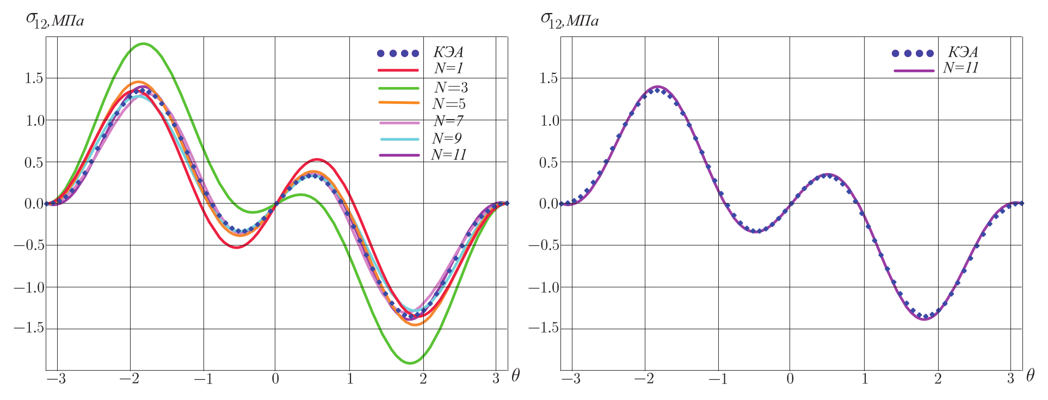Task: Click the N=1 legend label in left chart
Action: tap(448, 69)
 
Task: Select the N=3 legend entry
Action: tap(451, 88)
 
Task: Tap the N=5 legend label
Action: tap(449, 104)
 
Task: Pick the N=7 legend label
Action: tap(448, 121)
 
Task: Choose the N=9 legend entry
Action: tap(447, 138)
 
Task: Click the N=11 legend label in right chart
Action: tap(961, 68)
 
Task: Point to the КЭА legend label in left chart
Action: tap(448, 52)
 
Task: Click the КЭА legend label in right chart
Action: tap(963, 52)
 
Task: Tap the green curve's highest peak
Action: tap(144, 44)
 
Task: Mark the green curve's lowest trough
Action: tap(410, 363)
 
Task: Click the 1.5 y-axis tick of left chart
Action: tap(34, 78)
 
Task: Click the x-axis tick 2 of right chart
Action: tap(938, 379)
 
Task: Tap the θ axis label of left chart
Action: tap(515, 375)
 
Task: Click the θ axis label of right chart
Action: tap(1030, 375)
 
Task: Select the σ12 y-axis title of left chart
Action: tap(54, 20)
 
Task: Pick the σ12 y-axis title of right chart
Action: tap(569, 20)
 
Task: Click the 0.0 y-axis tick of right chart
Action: tap(548, 204)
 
